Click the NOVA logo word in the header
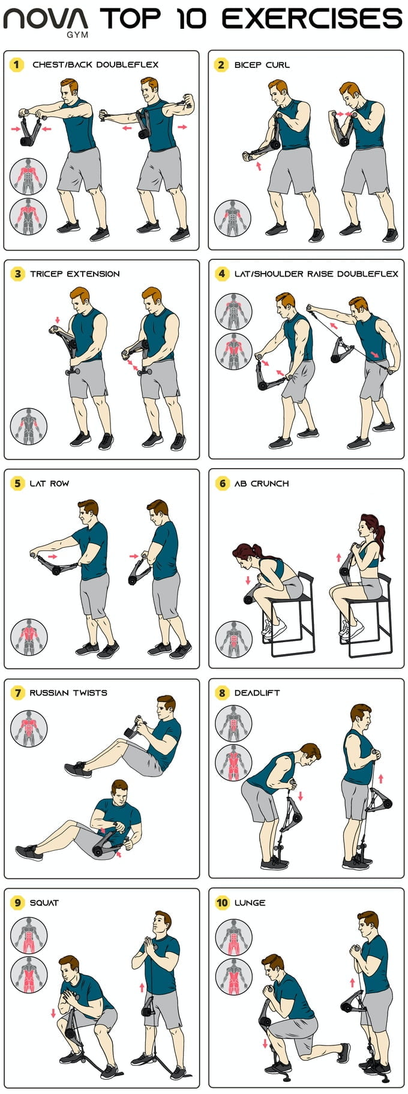[x=46, y=19]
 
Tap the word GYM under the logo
[x=77, y=35]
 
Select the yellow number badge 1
[x=17, y=64]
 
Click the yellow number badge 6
[x=222, y=483]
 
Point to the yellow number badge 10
[x=222, y=903]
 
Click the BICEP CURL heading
[x=262, y=65]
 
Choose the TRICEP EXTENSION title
[x=74, y=274]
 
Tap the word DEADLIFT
[x=257, y=693]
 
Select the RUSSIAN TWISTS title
[x=68, y=693]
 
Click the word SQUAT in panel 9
[x=44, y=903]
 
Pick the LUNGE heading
[x=250, y=903]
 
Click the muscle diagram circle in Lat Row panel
[x=28, y=637]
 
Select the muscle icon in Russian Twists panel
[x=28, y=728]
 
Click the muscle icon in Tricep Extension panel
[x=28, y=426]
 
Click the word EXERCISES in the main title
[x=312, y=19]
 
